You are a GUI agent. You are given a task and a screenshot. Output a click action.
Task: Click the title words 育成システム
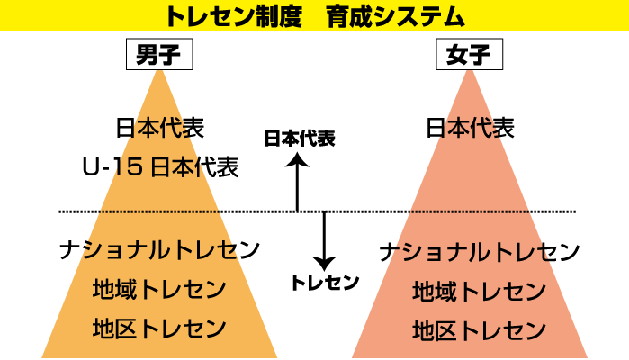[x=397, y=15]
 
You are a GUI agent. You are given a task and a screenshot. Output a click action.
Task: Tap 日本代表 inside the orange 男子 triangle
[x=160, y=127]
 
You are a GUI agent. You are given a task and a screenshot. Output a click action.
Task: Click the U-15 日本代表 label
[x=160, y=166]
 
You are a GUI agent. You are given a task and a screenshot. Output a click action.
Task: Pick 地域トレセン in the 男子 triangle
[x=159, y=290]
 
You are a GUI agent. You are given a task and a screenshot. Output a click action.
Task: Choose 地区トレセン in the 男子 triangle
[x=159, y=328]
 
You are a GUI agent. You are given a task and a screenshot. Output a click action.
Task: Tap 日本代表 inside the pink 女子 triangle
[x=470, y=127]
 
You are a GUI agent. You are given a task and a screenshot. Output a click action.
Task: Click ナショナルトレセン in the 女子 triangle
[x=479, y=252]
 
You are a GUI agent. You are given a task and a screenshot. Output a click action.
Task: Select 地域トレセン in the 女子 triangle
[x=479, y=292]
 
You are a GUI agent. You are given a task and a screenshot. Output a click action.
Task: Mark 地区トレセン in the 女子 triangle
[x=479, y=330]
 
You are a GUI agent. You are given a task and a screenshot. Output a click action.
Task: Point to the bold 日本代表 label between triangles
[x=299, y=139]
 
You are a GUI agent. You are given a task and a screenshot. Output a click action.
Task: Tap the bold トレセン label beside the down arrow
[x=325, y=282]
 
